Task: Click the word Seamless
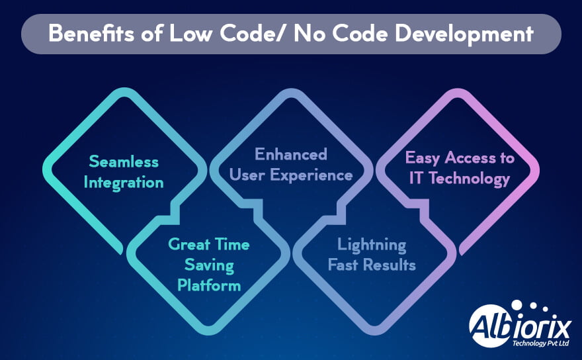coord(124,161)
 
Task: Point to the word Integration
coord(124,182)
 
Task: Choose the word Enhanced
coord(291,154)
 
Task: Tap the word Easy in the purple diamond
coord(423,158)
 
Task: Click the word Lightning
coord(372,245)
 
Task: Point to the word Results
coord(393,265)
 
